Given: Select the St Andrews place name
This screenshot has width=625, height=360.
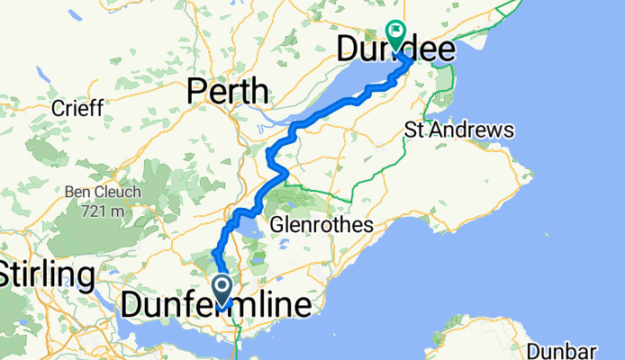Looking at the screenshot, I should [459, 130].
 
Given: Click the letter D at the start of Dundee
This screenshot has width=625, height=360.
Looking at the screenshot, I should [349, 50].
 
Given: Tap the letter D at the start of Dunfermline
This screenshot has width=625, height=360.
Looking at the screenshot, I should [132, 306].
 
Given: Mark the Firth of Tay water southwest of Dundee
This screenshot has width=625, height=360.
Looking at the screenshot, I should [338, 90].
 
